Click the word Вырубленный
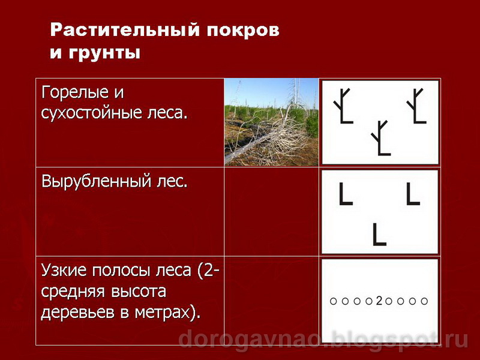(95, 181)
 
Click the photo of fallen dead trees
(271, 122)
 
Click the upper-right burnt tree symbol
(416, 106)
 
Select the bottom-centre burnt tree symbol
(380, 138)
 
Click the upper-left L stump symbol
(345, 194)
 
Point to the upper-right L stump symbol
(412, 194)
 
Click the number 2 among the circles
(379, 301)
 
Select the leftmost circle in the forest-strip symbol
(334, 301)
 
